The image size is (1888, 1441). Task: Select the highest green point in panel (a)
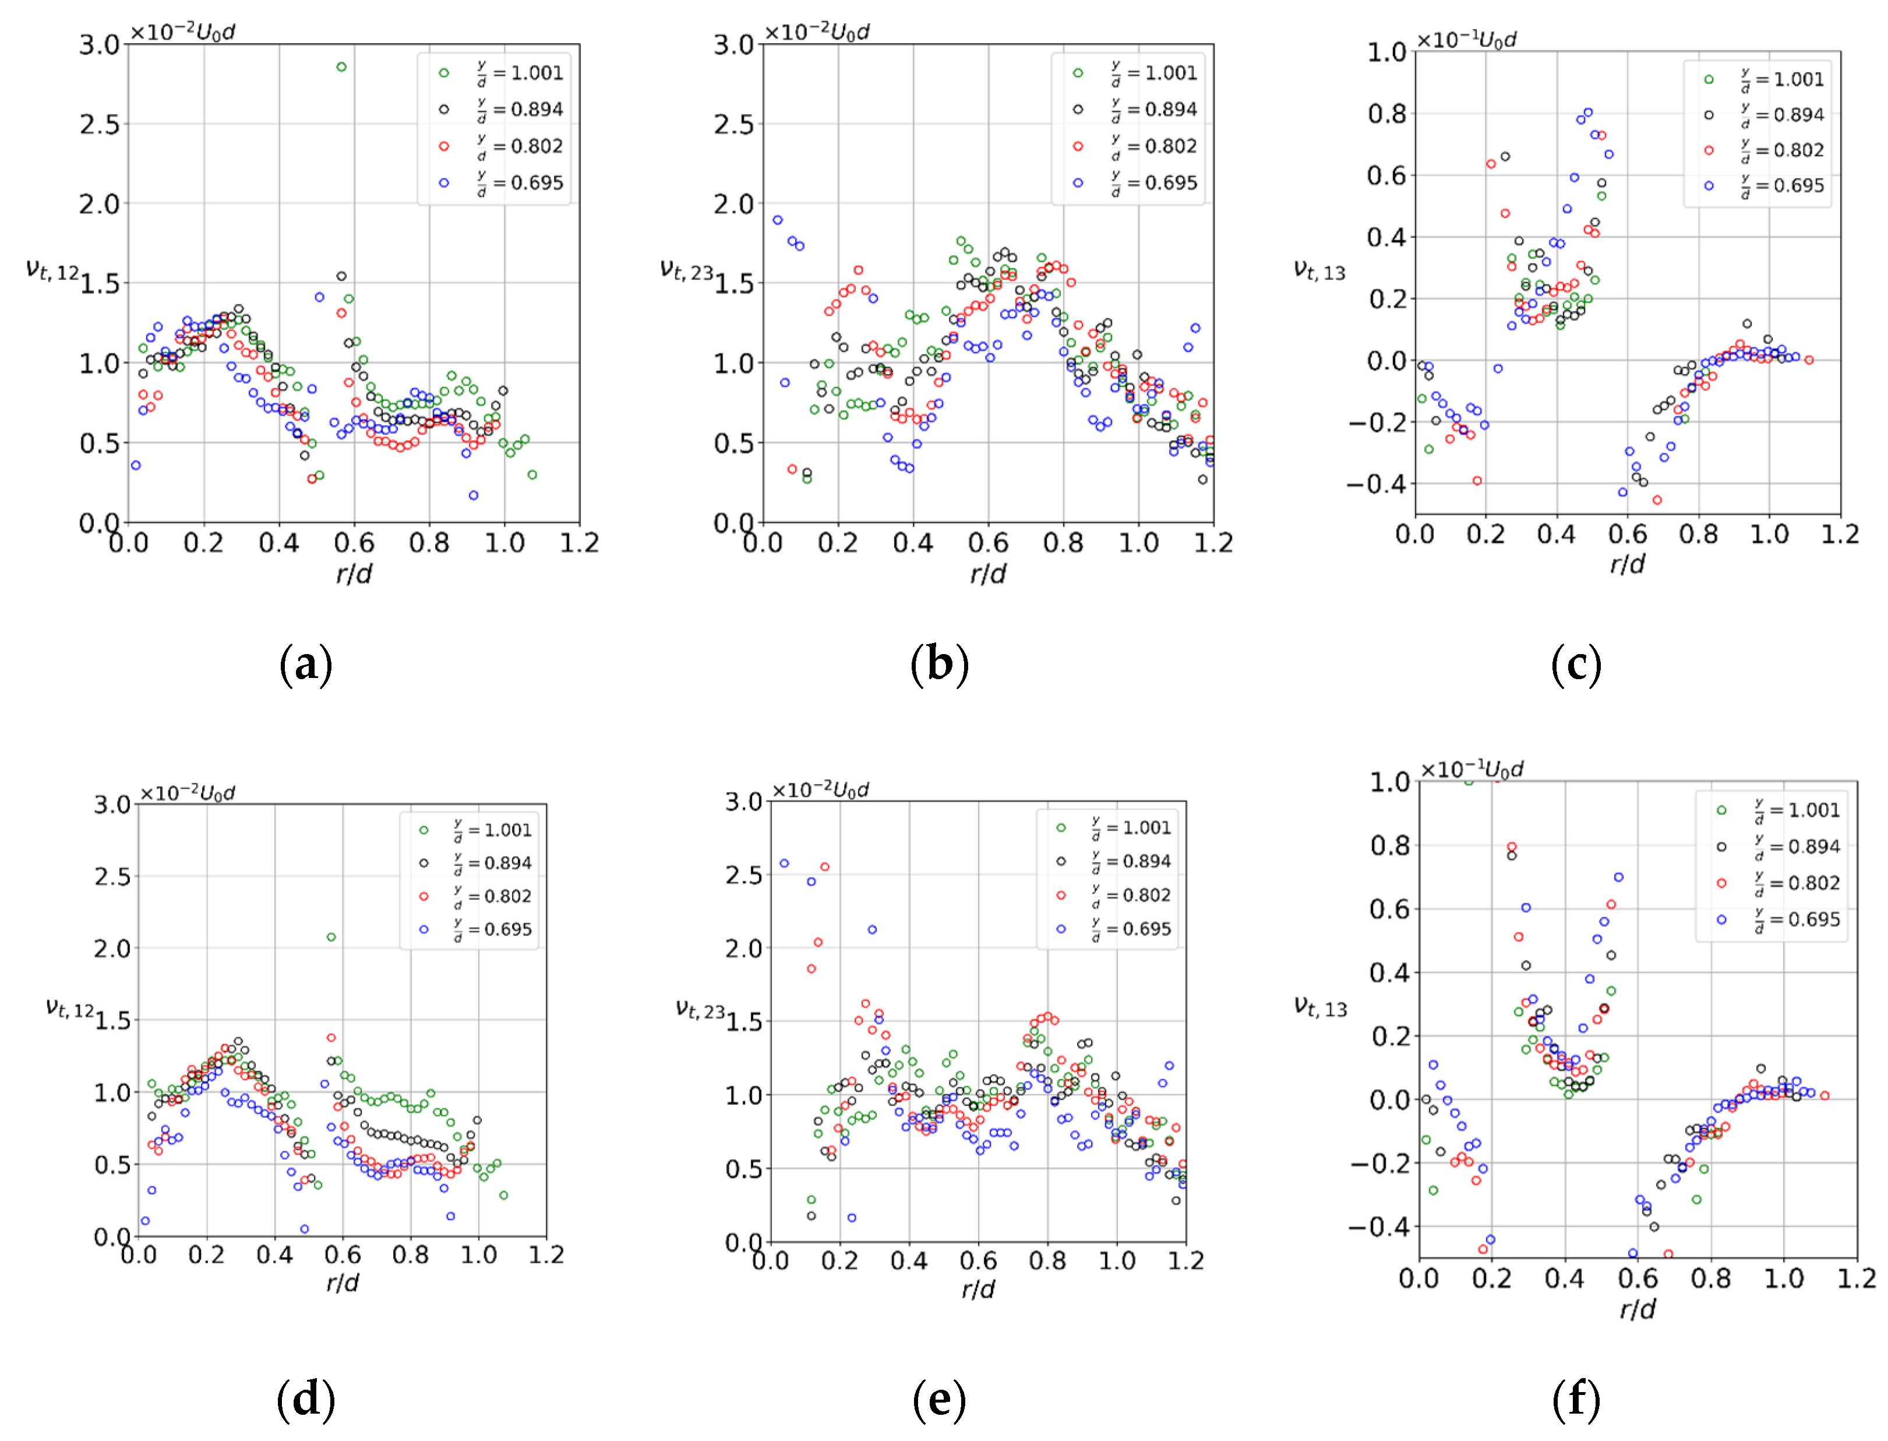tap(341, 67)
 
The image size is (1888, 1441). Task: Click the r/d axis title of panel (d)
tap(343, 1283)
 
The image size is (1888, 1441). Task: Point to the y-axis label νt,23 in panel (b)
tap(686, 270)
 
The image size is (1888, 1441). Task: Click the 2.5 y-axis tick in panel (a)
tap(100, 125)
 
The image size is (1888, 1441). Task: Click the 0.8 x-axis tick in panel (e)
tap(1047, 1261)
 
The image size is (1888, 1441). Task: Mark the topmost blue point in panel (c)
tap(1588, 112)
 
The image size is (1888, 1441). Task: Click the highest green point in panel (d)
tap(331, 937)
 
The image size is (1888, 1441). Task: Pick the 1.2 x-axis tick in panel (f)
tap(1857, 1279)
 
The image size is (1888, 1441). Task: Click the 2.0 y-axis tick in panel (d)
tap(112, 949)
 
